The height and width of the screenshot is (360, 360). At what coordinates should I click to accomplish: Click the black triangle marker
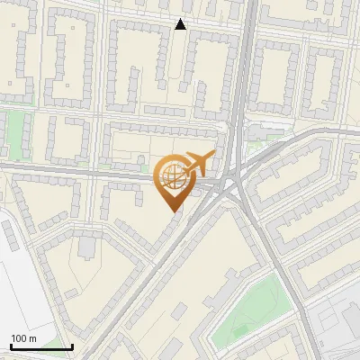(181, 24)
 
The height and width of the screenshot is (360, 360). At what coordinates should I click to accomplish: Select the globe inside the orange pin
(171, 175)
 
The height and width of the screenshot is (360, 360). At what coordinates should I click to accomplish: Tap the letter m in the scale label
(33, 338)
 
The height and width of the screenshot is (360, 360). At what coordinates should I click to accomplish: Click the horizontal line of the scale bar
(41, 347)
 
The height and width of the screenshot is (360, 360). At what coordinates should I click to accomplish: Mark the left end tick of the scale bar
(11, 346)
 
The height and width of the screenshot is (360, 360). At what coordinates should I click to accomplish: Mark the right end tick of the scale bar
(72, 346)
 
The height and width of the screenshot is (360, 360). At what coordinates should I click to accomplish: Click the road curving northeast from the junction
(297, 144)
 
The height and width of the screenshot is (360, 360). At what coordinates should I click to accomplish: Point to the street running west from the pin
(72, 170)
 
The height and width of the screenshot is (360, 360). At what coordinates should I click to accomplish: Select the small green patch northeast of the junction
(255, 135)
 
